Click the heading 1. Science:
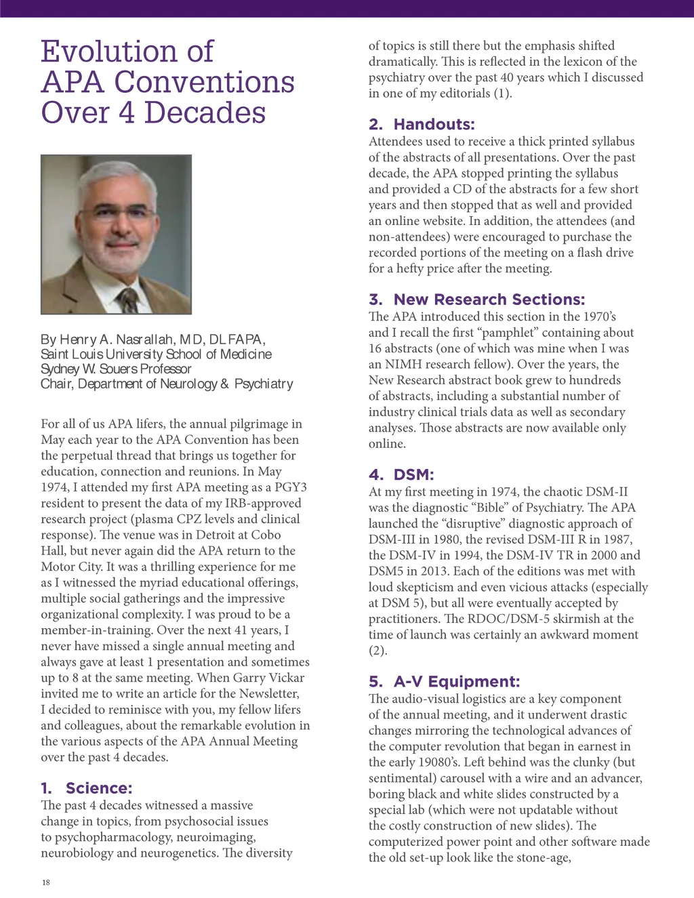tap(87, 788)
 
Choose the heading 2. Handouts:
tap(422, 124)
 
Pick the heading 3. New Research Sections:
tap(476, 300)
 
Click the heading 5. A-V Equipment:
tap(444, 682)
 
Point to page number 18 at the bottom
tap(45, 882)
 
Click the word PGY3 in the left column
tap(291, 487)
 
